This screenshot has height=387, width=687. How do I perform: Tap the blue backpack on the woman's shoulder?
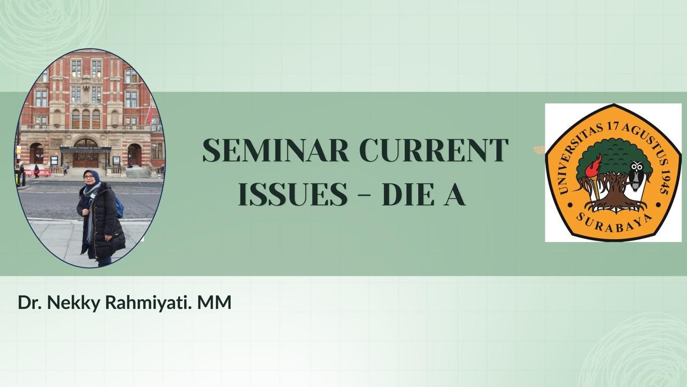119,207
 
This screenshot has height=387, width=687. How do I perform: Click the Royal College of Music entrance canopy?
85,148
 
